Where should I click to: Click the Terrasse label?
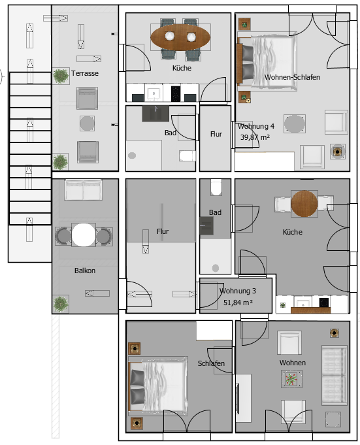(85, 73)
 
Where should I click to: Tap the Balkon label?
(85, 271)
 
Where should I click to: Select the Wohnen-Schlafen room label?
(292, 77)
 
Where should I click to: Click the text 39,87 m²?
(255, 137)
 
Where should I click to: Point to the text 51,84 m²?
(238, 303)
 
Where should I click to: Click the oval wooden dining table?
(180, 37)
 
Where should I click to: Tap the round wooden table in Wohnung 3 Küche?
(304, 203)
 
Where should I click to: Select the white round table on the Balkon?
(84, 235)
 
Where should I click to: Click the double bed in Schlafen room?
(158, 384)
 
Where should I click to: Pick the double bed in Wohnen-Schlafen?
(267, 61)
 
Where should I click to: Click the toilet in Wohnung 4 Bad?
(188, 156)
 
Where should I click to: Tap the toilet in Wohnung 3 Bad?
(216, 187)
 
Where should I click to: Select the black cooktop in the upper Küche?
(176, 93)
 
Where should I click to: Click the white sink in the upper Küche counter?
(154, 93)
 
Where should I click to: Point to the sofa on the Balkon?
(83, 190)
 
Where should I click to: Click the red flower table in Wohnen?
(291, 379)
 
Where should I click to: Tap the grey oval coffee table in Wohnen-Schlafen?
(295, 124)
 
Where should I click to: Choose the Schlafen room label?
(211, 363)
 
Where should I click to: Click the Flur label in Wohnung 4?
(216, 134)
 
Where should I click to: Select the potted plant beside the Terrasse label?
(61, 76)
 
